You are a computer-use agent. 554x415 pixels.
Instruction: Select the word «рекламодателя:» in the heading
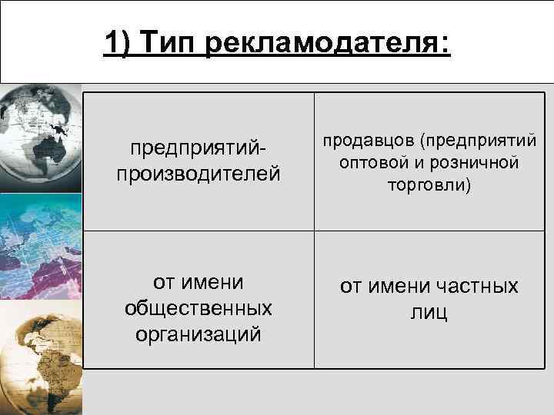tap(329, 43)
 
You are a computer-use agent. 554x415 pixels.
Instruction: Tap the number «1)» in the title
tap(119, 43)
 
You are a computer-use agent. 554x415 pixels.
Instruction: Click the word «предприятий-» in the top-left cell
tap(199, 146)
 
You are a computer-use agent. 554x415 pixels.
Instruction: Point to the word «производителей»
tap(199, 172)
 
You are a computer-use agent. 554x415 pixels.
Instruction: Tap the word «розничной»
tap(470, 164)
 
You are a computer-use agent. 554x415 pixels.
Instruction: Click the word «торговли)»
tap(429, 185)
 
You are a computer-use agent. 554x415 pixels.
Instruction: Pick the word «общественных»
tap(199, 308)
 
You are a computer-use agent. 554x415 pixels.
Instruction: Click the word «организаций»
tap(199, 334)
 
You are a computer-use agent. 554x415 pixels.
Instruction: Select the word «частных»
tap(476, 287)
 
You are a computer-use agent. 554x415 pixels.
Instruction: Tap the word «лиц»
tap(429, 313)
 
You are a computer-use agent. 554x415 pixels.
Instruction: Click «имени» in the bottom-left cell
tap(212, 282)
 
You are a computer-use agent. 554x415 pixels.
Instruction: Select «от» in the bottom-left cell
tap(166, 282)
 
